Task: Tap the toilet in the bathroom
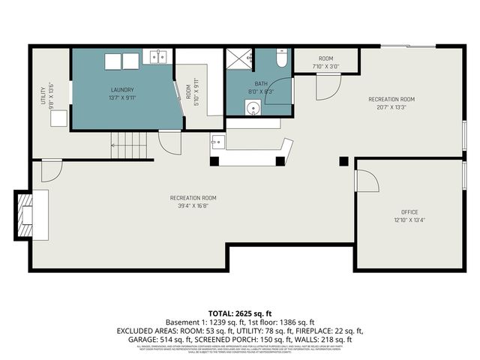coord(281,58)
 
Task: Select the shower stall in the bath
coord(240,58)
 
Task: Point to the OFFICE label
coord(409,212)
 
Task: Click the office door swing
coord(367,180)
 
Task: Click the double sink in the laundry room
coord(158,56)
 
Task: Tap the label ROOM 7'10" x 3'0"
coord(325,62)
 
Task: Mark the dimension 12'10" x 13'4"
coord(409,221)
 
